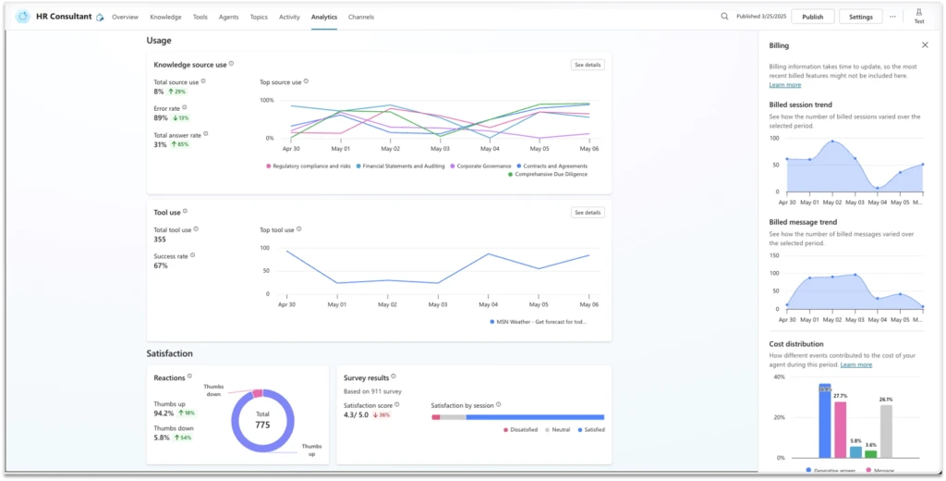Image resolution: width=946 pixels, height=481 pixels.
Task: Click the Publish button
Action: click(x=812, y=17)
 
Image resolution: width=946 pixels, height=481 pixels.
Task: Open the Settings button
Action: click(x=860, y=17)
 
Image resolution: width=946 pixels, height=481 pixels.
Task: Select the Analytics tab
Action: click(x=324, y=17)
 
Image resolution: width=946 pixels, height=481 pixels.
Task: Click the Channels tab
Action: click(x=360, y=17)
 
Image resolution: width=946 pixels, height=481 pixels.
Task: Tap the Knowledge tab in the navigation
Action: click(x=165, y=17)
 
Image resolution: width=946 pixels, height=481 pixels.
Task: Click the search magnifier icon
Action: click(x=724, y=17)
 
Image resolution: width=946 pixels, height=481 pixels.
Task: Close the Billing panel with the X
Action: click(x=925, y=44)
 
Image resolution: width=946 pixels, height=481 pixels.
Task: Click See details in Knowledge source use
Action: click(x=588, y=65)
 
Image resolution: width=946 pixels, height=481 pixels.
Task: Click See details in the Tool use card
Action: click(x=588, y=213)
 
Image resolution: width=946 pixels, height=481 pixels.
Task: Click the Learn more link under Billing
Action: click(x=785, y=84)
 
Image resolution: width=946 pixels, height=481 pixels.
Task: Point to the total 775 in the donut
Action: click(x=262, y=425)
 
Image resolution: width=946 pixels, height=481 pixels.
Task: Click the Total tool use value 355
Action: click(x=161, y=240)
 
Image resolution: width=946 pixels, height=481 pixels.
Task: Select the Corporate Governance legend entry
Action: click(x=483, y=166)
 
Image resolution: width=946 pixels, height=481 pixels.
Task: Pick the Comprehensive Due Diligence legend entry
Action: click(x=549, y=174)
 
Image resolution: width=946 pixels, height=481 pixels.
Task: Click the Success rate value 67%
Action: click(x=161, y=265)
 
